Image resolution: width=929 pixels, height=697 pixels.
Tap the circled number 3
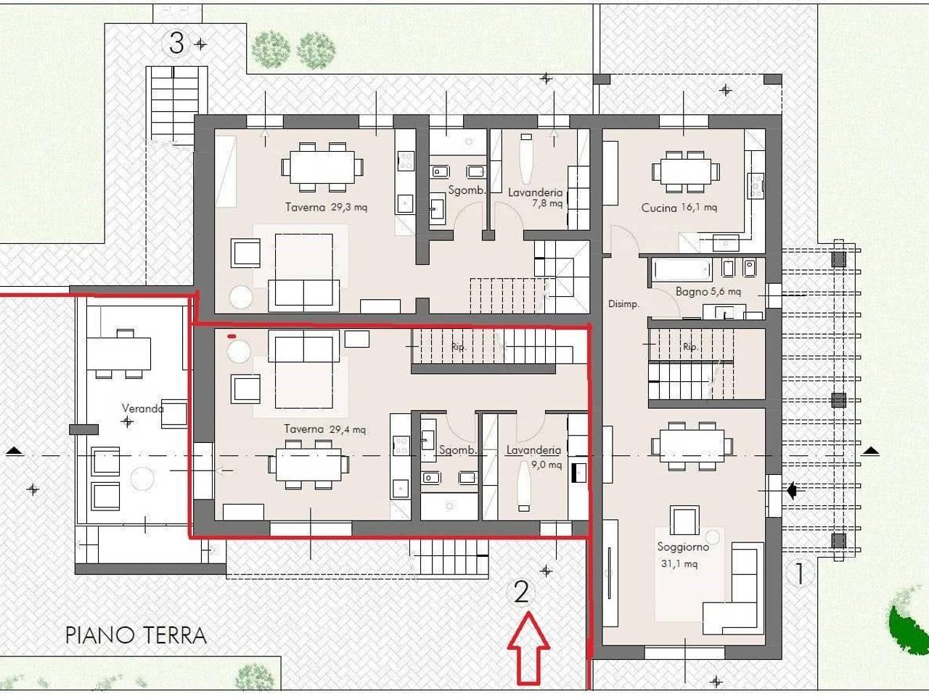tap(176, 43)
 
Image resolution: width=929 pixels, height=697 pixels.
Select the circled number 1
tap(800, 574)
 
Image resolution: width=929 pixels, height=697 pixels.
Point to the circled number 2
tap(521, 592)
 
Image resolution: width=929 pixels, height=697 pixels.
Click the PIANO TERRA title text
tap(136, 635)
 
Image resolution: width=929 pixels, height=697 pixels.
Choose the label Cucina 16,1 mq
tap(679, 208)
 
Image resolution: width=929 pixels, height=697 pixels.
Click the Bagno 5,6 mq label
tap(708, 292)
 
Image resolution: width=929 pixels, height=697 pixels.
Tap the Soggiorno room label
tap(683, 547)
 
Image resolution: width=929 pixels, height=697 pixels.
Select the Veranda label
tap(143, 408)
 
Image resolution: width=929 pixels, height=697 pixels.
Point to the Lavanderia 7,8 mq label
tap(536, 197)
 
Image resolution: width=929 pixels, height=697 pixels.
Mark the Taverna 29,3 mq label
tap(327, 208)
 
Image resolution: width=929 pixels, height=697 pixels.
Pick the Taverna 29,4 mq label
tap(325, 429)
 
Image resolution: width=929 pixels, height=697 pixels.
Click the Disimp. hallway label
tap(623, 304)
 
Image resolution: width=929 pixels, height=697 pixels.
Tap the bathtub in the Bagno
tap(682, 269)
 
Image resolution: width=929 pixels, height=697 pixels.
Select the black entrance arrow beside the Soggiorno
tap(792, 491)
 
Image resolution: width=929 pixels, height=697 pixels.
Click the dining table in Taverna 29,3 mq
tap(322, 167)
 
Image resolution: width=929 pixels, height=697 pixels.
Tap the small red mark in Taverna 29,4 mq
tap(232, 336)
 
